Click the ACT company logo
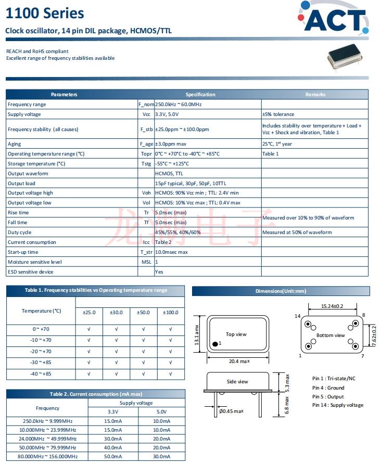tap(335, 20)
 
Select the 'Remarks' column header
tap(315, 95)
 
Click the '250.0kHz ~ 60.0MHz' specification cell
tap(179, 105)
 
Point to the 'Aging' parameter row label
tap(15, 144)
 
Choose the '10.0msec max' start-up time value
tap(171, 252)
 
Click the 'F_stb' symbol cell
tap(146, 129)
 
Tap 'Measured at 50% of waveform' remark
tap(296, 232)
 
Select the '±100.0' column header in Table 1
tap(170, 313)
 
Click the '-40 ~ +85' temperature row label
tap(41, 374)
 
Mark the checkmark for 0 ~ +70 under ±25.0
tap(89, 329)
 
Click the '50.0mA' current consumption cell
tap(112, 456)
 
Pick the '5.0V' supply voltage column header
tap(161, 411)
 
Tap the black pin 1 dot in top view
tap(214, 344)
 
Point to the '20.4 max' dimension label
tap(237, 361)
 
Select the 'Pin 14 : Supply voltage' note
tap(338, 405)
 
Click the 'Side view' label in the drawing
tap(237, 382)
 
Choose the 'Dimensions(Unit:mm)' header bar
tap(281, 291)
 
